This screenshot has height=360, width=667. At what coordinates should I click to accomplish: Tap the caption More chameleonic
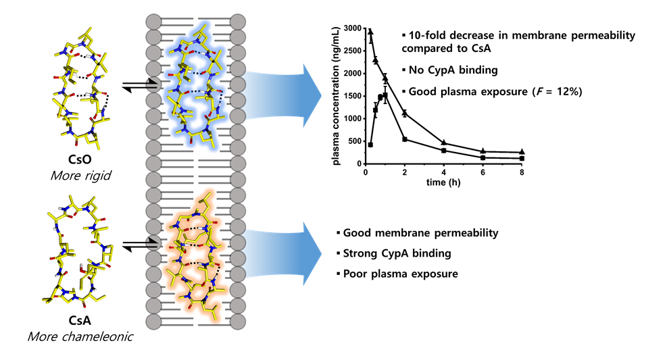(x=76, y=334)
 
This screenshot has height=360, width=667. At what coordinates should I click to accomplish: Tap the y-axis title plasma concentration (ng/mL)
(x=336, y=96)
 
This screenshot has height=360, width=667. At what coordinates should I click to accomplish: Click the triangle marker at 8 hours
(x=522, y=153)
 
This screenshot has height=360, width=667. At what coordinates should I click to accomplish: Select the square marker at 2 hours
(x=404, y=139)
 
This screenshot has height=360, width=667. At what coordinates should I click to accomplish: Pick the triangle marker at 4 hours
(x=443, y=143)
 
